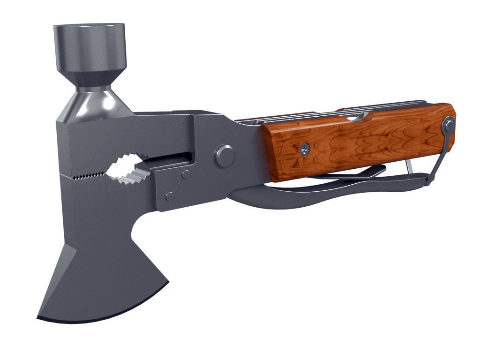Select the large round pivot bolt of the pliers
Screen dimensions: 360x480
(225, 156)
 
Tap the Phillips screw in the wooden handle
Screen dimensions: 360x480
(305, 150)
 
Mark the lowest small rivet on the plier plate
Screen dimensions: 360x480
(169, 195)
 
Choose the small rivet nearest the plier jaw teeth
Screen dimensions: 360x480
(186, 175)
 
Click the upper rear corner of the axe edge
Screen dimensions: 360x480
(167, 281)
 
